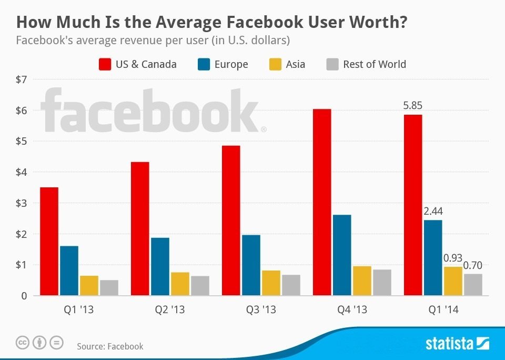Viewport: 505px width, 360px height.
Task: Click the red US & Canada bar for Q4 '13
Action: (322, 202)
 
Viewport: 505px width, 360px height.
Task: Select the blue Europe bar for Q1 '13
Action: (69, 271)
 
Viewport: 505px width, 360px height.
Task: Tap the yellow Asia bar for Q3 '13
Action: (271, 283)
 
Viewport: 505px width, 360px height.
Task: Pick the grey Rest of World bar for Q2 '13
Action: (200, 285)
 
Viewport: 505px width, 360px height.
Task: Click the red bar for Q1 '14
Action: (413, 205)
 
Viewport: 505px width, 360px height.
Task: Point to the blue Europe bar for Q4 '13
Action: (342, 255)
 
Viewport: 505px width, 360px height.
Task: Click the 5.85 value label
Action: (412, 105)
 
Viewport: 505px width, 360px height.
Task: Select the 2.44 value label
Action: (433, 211)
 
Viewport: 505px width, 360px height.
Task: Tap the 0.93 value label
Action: (453, 258)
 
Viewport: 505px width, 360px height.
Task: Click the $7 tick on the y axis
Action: (22, 79)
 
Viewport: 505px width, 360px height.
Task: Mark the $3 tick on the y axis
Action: (22, 203)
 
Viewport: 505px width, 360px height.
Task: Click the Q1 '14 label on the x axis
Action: (443, 310)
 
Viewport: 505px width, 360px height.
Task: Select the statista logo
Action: (457, 344)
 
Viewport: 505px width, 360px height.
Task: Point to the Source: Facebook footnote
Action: (110, 346)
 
